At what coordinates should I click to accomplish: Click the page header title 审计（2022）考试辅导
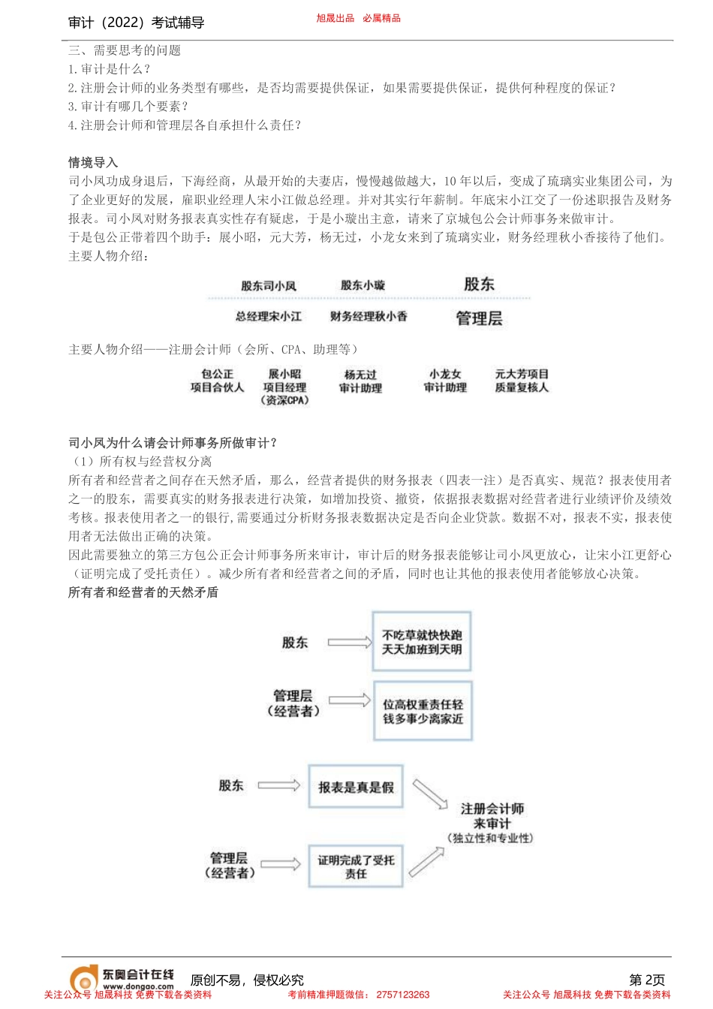pos(136,23)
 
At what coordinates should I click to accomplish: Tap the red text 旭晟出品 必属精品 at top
pos(358,18)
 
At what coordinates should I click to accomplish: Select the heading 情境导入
pos(93,162)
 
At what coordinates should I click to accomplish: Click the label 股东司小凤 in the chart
pos(269,286)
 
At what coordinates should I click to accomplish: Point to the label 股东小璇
pos(363,285)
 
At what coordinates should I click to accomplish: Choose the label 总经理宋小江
pos(269,317)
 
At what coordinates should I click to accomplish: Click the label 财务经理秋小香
pos(369,317)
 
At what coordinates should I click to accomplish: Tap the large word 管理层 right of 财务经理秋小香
pos(479,318)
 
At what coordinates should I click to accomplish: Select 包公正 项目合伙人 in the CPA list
pos(217,381)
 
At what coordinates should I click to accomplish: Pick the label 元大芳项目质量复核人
pos(522,381)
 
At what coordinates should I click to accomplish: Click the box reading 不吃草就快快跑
pos(422,642)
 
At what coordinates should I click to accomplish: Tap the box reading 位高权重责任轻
pos(423,712)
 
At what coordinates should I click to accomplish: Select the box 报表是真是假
pos(356,787)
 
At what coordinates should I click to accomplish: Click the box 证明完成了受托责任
pos(356,867)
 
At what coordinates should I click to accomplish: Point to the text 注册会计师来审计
pos(492,816)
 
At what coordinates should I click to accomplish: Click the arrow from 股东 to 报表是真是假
pos(278,785)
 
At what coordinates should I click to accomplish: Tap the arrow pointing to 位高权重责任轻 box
pos(349,700)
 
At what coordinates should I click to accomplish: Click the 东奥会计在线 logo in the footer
pos(122,978)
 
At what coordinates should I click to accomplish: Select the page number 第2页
pos(646,980)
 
